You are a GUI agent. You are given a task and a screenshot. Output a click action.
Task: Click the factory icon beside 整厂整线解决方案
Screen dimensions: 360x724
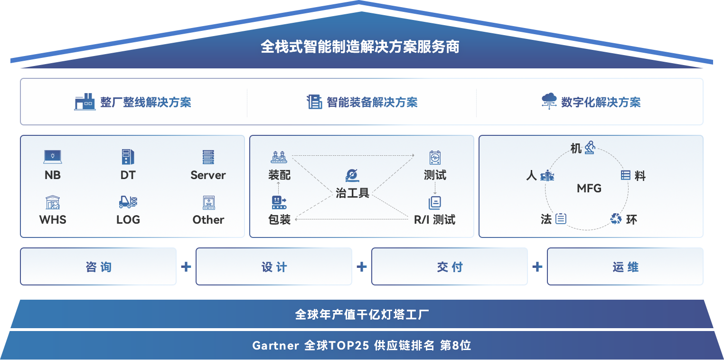[85, 102]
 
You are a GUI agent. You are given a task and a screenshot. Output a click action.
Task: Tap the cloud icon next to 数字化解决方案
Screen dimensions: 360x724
[549, 101]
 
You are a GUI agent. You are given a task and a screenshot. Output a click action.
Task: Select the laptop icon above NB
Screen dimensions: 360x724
[53, 156]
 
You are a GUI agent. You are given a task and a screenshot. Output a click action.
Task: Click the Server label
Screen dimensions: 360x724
[208, 175]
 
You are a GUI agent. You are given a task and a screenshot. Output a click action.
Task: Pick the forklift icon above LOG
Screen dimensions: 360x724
[128, 202]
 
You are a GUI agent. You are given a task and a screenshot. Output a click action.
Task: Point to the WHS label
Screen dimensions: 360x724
[53, 220]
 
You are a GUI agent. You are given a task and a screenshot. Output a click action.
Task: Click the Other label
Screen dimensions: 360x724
[208, 220]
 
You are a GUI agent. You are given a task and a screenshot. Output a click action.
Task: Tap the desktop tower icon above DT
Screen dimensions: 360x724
[128, 157]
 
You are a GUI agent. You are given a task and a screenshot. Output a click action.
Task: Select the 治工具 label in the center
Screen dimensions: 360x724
[352, 193]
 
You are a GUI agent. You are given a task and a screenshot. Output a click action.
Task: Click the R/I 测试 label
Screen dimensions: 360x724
[434, 220]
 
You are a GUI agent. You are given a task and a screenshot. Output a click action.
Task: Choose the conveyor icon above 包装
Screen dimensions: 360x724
[279, 202]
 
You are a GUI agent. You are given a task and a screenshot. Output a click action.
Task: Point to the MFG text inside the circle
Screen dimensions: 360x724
[589, 189]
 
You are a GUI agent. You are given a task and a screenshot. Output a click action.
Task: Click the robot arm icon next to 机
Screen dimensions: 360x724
[590, 147]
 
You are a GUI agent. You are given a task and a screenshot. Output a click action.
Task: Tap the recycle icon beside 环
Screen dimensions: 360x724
[616, 219]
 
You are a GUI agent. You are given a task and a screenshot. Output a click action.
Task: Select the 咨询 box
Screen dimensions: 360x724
[98, 267]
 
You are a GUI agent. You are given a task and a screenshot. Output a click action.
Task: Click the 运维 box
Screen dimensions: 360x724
[625, 267]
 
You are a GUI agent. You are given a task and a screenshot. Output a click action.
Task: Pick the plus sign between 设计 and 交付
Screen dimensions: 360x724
[362, 266]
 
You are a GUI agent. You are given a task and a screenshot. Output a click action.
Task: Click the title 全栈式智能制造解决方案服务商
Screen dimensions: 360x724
[360, 47]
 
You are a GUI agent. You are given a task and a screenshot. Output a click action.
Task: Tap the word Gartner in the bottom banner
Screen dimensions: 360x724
[276, 345]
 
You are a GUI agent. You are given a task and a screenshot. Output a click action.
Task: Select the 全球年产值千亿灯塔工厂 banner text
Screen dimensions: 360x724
[362, 314]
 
